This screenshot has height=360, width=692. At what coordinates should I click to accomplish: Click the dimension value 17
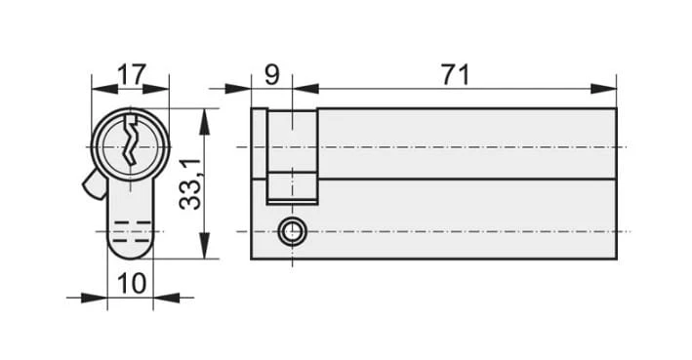point(131,74)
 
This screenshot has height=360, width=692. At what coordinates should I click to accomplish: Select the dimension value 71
point(456,74)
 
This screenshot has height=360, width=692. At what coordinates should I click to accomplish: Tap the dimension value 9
point(272,74)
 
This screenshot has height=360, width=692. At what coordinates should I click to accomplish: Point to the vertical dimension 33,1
point(190,184)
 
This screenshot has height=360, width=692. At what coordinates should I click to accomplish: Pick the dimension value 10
point(132,283)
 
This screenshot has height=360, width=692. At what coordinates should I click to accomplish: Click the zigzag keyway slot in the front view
point(130,140)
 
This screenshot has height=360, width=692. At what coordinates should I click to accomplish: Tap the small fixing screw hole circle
point(292,231)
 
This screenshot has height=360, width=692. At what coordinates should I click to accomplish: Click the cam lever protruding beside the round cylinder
point(94,184)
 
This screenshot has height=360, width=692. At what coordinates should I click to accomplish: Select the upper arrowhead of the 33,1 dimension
point(204,122)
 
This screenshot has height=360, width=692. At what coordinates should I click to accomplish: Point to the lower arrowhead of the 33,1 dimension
point(204,246)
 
